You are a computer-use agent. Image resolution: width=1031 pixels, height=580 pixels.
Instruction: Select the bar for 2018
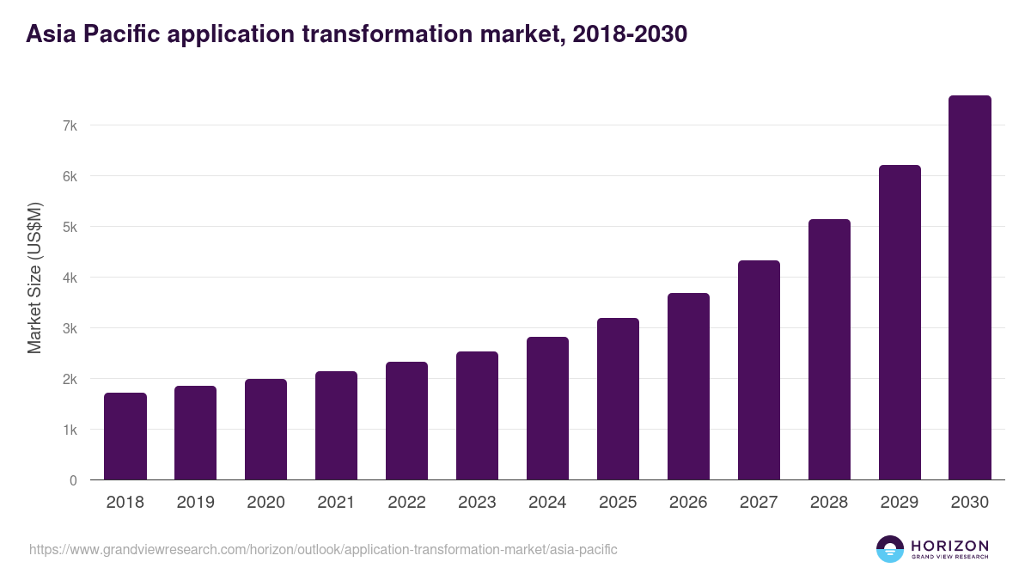click(125, 437)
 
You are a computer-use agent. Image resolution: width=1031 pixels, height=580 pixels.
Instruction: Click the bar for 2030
click(970, 288)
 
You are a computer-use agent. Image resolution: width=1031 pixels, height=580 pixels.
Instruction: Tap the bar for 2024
click(547, 408)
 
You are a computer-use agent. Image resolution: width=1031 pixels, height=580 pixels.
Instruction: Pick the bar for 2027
click(759, 370)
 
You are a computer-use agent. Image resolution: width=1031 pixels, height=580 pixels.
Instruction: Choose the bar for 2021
click(336, 425)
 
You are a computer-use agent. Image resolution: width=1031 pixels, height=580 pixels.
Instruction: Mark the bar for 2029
click(900, 322)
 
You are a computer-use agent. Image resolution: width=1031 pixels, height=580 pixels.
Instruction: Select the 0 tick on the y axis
click(74, 480)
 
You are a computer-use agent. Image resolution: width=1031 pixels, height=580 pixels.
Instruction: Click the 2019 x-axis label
click(196, 503)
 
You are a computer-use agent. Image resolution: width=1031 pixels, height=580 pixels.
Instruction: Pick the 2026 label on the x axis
click(688, 503)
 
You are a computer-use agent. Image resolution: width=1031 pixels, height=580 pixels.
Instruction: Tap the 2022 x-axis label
click(406, 503)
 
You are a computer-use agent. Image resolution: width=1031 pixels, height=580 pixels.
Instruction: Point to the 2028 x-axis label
click(829, 503)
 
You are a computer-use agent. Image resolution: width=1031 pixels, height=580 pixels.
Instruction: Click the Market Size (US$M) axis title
click(34, 278)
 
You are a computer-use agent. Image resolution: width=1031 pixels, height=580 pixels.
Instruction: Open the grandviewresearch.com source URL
click(323, 549)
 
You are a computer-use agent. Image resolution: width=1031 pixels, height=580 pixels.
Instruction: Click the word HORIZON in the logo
click(949, 545)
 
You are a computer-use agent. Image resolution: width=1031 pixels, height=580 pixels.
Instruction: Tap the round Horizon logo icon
click(890, 549)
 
